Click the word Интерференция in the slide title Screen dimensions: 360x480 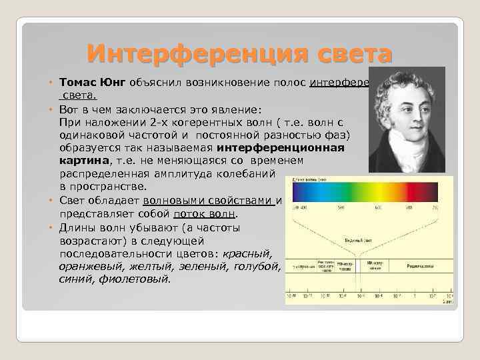tap(175, 51)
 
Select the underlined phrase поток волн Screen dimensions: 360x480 tap(204, 214)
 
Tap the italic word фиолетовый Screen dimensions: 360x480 tap(137, 279)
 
